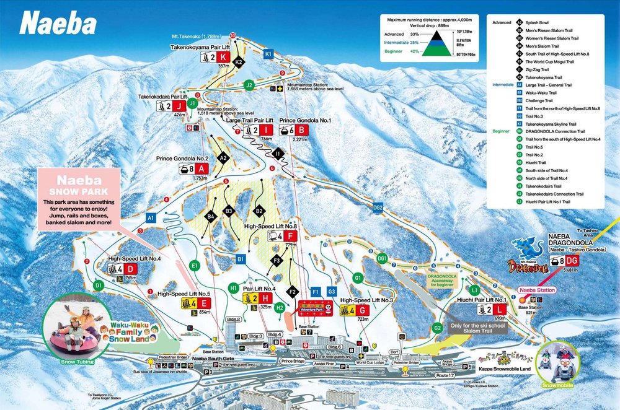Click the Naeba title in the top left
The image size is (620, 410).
point(58,24)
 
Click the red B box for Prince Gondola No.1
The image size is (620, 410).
point(301,130)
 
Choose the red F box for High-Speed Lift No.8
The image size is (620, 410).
point(290,236)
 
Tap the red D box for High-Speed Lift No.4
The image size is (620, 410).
point(130,269)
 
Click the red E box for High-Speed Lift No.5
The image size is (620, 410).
point(204,303)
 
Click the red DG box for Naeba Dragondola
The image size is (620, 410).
point(572,261)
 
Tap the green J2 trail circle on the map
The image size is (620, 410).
point(249,84)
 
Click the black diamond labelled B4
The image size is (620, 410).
point(211,216)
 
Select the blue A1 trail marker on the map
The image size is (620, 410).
point(151,218)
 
